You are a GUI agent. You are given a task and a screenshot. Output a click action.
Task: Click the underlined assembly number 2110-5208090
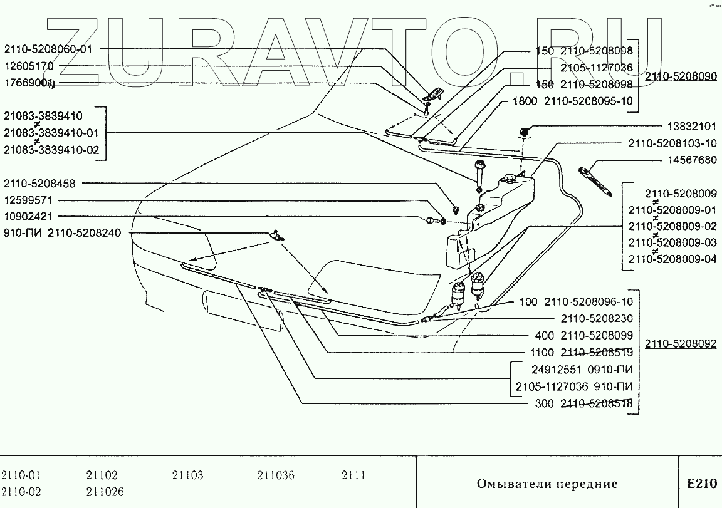click(x=681, y=76)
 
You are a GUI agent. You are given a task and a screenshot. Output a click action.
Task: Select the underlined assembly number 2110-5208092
click(x=681, y=343)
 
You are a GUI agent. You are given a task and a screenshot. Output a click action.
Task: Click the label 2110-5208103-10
click(x=672, y=143)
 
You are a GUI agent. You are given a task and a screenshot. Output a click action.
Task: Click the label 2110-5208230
click(x=597, y=318)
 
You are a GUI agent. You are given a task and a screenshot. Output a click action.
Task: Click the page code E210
click(x=701, y=484)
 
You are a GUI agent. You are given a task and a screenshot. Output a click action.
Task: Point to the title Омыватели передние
click(x=547, y=484)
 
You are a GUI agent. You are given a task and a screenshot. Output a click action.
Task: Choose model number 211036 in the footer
click(x=275, y=475)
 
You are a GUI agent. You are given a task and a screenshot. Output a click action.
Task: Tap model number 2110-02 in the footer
click(x=21, y=492)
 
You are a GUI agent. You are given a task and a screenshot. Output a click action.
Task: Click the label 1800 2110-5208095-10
click(x=572, y=101)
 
